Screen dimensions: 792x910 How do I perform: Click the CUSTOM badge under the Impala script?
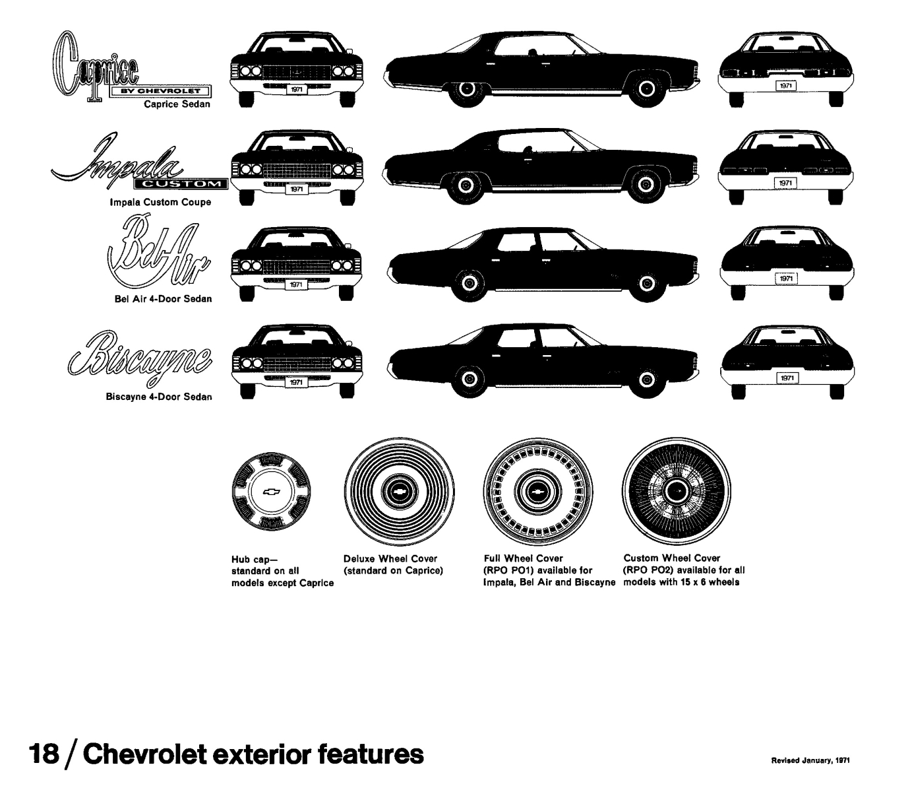(x=181, y=183)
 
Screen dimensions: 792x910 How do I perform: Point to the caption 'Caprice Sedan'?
(x=177, y=104)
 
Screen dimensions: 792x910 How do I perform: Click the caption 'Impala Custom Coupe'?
(x=160, y=202)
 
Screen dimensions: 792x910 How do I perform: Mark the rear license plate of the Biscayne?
(x=786, y=378)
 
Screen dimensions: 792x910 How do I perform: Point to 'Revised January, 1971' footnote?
(x=810, y=760)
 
